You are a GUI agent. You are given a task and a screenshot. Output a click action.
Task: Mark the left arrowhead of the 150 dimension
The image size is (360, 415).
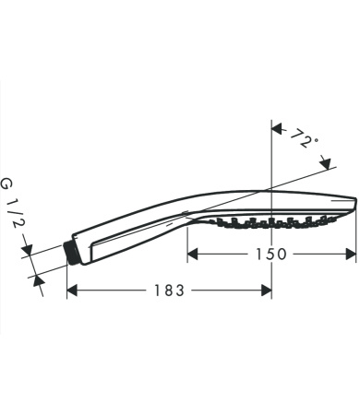tap(193, 254)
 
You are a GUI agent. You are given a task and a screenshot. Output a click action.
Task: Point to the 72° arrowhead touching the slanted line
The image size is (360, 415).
tap(326, 162)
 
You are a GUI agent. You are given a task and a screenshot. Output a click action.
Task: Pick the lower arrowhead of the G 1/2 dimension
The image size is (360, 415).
tap(38, 277)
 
